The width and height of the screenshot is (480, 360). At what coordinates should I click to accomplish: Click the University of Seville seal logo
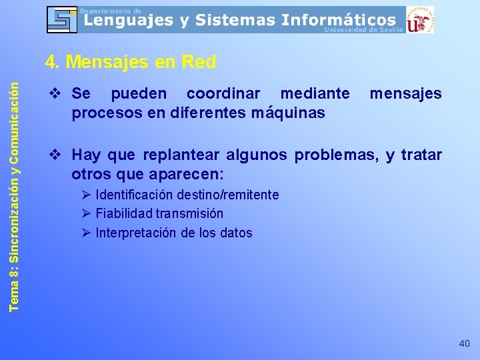point(419,19)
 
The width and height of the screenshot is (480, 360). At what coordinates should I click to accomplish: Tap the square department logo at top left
point(61,19)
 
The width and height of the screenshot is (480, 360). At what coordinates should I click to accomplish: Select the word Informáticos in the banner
point(338,21)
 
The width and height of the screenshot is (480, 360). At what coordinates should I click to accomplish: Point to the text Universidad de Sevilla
point(363,30)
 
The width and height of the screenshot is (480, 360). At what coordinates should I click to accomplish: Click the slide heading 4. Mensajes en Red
point(131,63)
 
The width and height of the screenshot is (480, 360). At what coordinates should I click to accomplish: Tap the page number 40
point(464,343)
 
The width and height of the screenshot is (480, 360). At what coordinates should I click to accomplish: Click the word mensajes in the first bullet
point(405,94)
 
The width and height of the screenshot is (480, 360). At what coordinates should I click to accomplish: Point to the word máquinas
point(289,113)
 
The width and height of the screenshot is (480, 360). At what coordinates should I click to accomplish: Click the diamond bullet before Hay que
point(55,155)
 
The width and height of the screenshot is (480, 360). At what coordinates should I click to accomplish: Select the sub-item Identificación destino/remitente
point(187,195)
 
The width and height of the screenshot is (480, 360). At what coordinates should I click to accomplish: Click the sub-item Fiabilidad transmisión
point(159,213)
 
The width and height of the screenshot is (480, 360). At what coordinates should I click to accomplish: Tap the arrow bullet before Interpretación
point(86,233)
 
